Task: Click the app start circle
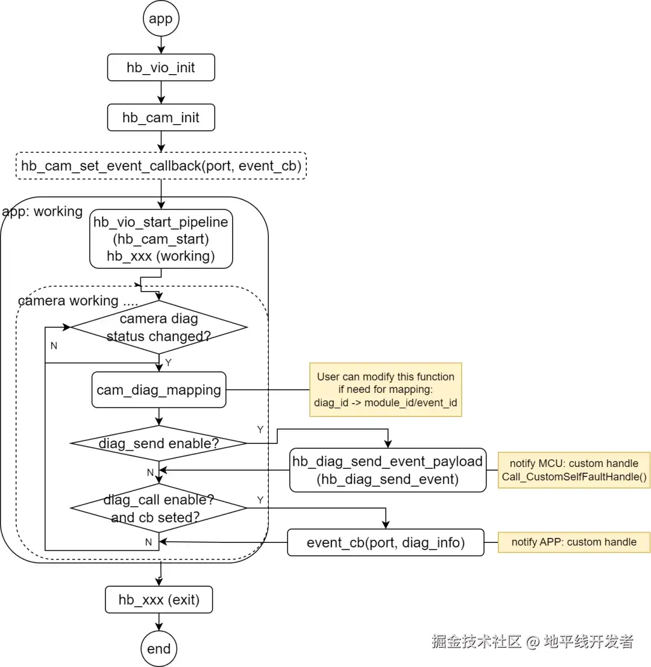pyautogui.click(x=160, y=19)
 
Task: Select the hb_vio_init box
pyautogui.click(x=160, y=67)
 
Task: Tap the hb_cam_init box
pyautogui.click(x=160, y=117)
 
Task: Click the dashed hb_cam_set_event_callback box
pyautogui.click(x=160, y=166)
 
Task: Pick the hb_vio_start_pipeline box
pyautogui.click(x=160, y=239)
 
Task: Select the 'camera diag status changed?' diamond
pyautogui.click(x=159, y=327)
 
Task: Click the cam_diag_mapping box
pyautogui.click(x=159, y=390)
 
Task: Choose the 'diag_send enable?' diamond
pyautogui.click(x=159, y=443)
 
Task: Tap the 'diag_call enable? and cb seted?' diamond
pyautogui.click(x=159, y=509)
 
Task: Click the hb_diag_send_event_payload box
pyautogui.click(x=388, y=470)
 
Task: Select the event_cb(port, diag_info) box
pyautogui.click(x=386, y=542)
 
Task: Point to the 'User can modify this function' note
pyautogui.click(x=386, y=389)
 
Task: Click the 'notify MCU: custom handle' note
pyautogui.click(x=574, y=470)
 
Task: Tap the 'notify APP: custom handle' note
pyautogui.click(x=574, y=542)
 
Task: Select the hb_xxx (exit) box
pyautogui.click(x=159, y=600)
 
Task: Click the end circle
pyautogui.click(x=159, y=649)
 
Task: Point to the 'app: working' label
pyautogui.click(x=42, y=212)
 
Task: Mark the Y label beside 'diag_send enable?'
pyautogui.click(x=260, y=430)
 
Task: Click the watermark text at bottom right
pyautogui.click(x=532, y=641)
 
